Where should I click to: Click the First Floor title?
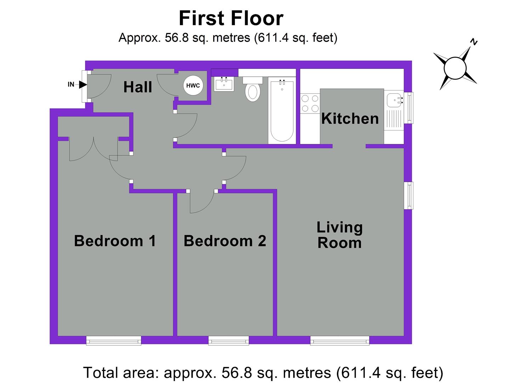pos(231,18)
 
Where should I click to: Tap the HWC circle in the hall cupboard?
pos(193,85)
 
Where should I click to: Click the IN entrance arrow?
pos(83,84)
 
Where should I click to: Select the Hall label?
pos(137,87)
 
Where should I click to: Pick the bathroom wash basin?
pos(224,84)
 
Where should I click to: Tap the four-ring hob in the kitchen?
pos(310,104)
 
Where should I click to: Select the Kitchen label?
pos(350,118)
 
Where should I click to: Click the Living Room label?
pos(339,235)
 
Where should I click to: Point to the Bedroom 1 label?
pos(115,241)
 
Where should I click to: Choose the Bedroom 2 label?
pos(225,241)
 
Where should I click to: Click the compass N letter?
pos(474,42)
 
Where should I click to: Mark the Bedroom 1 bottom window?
pos(114,341)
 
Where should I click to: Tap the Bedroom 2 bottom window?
pos(228,341)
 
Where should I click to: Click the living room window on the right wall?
pos(409,195)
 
